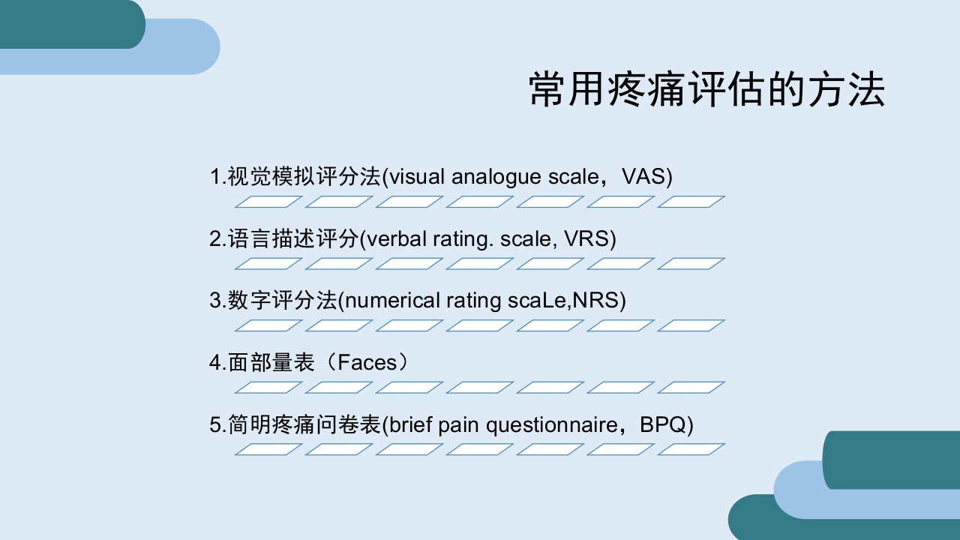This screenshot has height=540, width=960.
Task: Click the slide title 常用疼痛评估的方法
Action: click(x=706, y=91)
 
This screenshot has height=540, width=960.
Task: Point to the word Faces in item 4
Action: click(x=366, y=363)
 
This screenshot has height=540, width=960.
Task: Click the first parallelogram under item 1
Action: click(x=268, y=202)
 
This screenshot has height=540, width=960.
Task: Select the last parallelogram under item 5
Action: click(x=691, y=449)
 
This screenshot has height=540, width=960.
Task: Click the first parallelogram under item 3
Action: click(x=268, y=325)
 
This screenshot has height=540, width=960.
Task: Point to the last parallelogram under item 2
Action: click(x=691, y=263)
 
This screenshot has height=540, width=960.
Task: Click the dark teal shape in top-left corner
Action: click(x=71, y=22)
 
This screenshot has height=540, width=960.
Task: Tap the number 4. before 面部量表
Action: click(x=217, y=363)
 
